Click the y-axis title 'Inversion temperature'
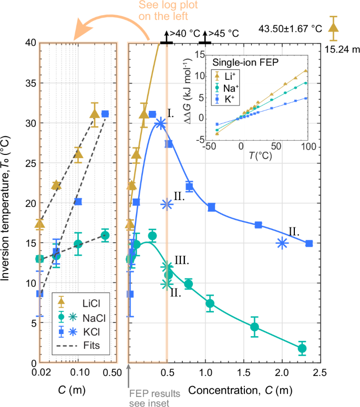9,202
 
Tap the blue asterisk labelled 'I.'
160,123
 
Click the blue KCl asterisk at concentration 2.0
282,243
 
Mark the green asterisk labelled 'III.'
167,267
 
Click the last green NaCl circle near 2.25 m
302,348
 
